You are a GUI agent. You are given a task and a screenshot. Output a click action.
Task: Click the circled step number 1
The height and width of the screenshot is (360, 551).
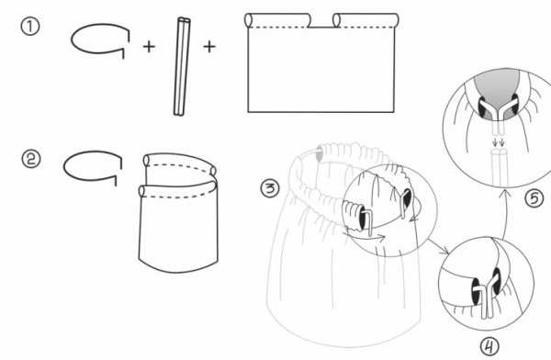30,27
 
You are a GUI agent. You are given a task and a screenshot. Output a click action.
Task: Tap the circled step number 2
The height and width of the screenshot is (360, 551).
31,159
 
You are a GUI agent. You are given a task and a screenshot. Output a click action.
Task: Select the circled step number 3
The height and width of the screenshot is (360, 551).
270,188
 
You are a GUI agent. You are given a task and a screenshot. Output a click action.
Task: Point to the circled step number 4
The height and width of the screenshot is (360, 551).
489,346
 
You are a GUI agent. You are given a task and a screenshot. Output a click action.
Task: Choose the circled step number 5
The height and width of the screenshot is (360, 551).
534,198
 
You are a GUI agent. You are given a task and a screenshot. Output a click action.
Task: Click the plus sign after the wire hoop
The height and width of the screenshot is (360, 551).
149,47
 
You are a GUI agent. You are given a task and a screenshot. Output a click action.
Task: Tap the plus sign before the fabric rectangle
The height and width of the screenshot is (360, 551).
209,47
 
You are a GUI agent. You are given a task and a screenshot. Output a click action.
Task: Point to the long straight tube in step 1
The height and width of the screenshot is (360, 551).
182,67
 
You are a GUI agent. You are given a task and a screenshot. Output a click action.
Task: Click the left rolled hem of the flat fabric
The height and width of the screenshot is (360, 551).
278,20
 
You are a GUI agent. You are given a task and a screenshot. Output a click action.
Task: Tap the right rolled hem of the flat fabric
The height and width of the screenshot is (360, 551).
365,20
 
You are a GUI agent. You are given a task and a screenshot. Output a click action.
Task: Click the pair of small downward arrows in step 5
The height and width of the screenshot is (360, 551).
499,142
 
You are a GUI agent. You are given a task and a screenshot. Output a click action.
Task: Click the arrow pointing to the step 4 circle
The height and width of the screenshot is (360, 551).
438,246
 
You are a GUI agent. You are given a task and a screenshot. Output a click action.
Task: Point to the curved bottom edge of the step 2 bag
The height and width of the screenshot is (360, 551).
178,268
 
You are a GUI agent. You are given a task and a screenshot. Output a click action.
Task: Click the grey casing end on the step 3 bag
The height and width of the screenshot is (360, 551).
319,154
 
